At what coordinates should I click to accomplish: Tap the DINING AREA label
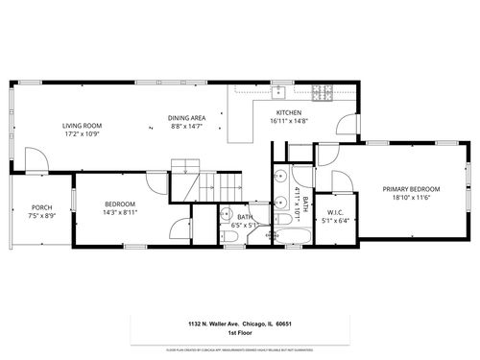point(186,117)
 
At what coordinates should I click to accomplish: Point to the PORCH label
point(42,207)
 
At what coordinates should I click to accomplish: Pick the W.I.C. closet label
point(335,212)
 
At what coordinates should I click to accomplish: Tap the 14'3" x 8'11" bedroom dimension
point(120,212)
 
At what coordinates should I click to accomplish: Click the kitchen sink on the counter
point(278,92)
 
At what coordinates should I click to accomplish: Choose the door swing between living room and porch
point(34,159)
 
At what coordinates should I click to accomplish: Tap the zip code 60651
point(283,324)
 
